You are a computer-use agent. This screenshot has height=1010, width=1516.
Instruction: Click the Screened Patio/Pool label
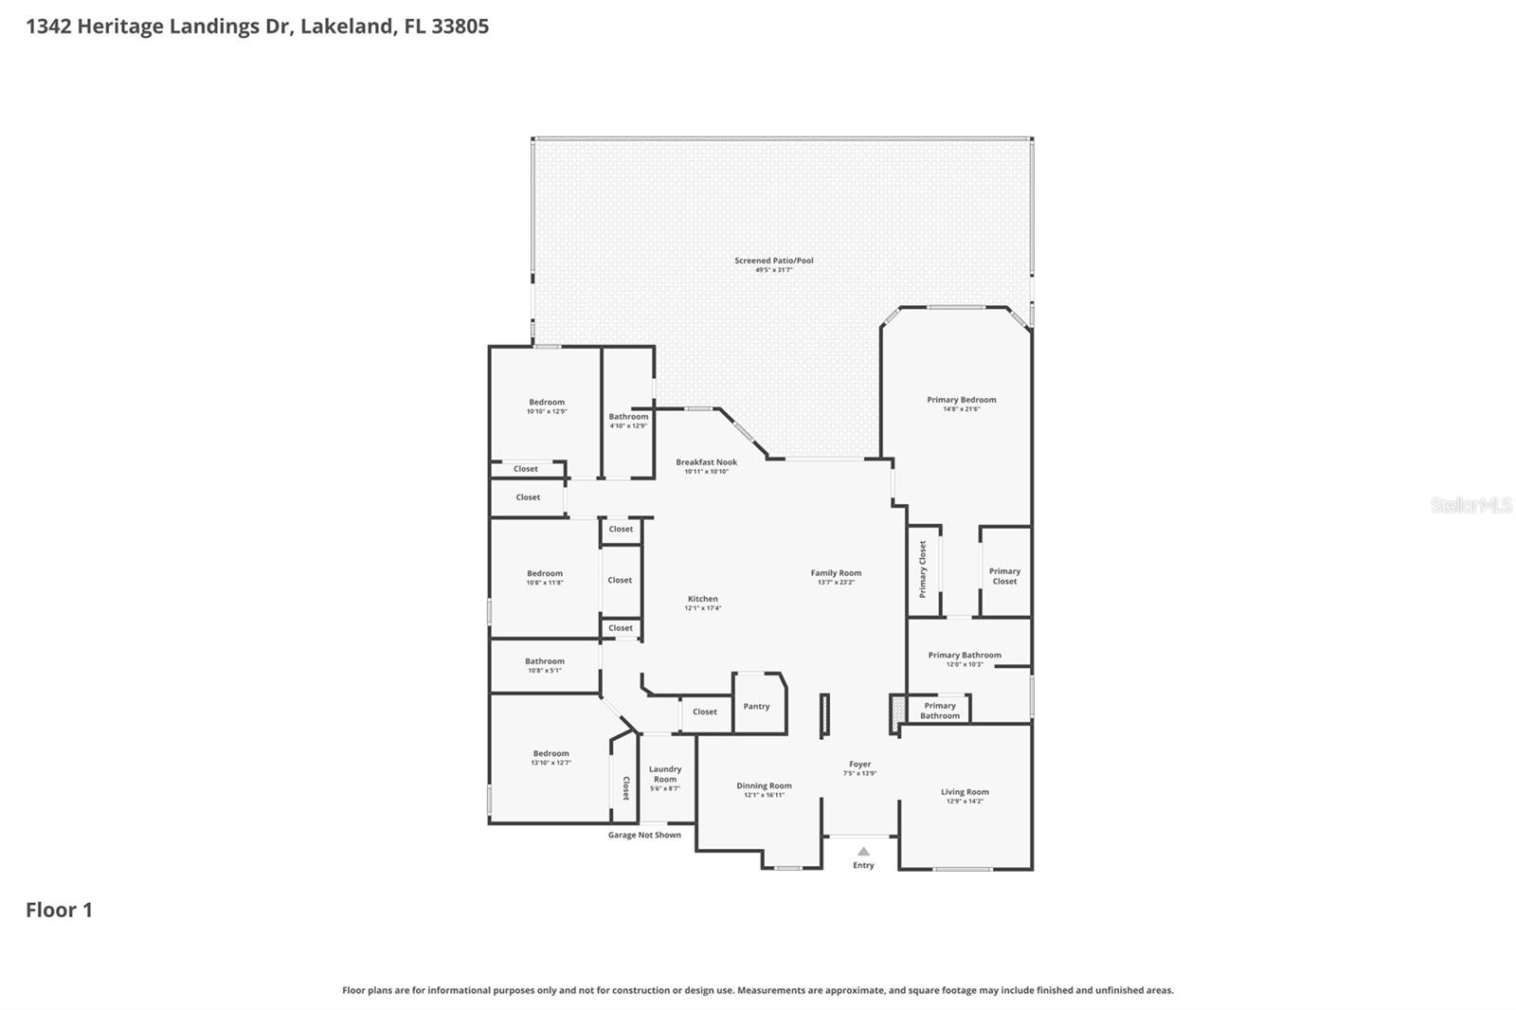[x=773, y=261]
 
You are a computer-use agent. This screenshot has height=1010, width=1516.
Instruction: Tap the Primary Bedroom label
[x=961, y=400]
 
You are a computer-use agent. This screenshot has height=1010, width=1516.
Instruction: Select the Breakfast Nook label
[x=706, y=462]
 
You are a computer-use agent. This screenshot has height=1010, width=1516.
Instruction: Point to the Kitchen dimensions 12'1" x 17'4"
[x=703, y=608]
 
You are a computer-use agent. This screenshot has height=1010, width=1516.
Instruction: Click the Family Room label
[x=836, y=572]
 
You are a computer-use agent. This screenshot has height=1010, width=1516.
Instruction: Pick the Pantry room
[x=756, y=706]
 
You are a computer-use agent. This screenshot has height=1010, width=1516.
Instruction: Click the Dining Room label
[x=764, y=785]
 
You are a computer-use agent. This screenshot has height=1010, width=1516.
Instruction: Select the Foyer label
[x=859, y=764]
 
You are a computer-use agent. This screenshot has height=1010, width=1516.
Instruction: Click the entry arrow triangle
[x=863, y=851]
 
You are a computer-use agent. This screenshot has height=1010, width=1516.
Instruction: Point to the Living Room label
[x=965, y=792]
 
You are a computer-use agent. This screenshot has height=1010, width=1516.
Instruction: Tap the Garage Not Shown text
[x=644, y=835]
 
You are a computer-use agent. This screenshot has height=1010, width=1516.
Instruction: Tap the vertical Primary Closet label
[x=923, y=569]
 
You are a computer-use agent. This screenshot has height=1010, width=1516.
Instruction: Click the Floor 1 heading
[x=59, y=910]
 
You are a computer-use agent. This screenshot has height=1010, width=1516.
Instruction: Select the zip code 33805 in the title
[x=460, y=26]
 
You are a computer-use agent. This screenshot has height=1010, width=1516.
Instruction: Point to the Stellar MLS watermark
[x=1471, y=505]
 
